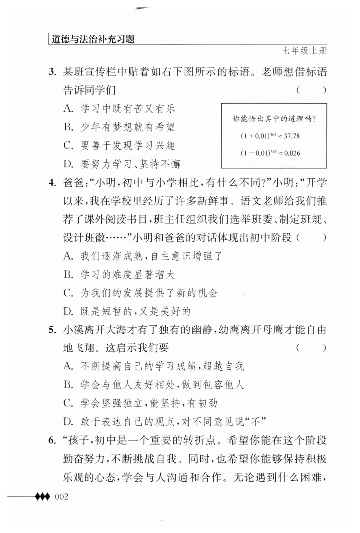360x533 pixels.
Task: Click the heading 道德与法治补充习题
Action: (x=93, y=39)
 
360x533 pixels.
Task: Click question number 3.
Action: (x=52, y=72)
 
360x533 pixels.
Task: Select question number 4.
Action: (x=52, y=183)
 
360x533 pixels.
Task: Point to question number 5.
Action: (x=52, y=330)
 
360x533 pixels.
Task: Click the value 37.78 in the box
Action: (x=291, y=136)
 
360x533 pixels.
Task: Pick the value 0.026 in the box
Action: (x=292, y=153)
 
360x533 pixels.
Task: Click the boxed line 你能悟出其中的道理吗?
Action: (x=274, y=119)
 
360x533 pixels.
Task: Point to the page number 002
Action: (x=61, y=497)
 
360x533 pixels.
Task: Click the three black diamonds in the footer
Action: (x=42, y=497)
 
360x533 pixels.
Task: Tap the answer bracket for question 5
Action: (x=311, y=348)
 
